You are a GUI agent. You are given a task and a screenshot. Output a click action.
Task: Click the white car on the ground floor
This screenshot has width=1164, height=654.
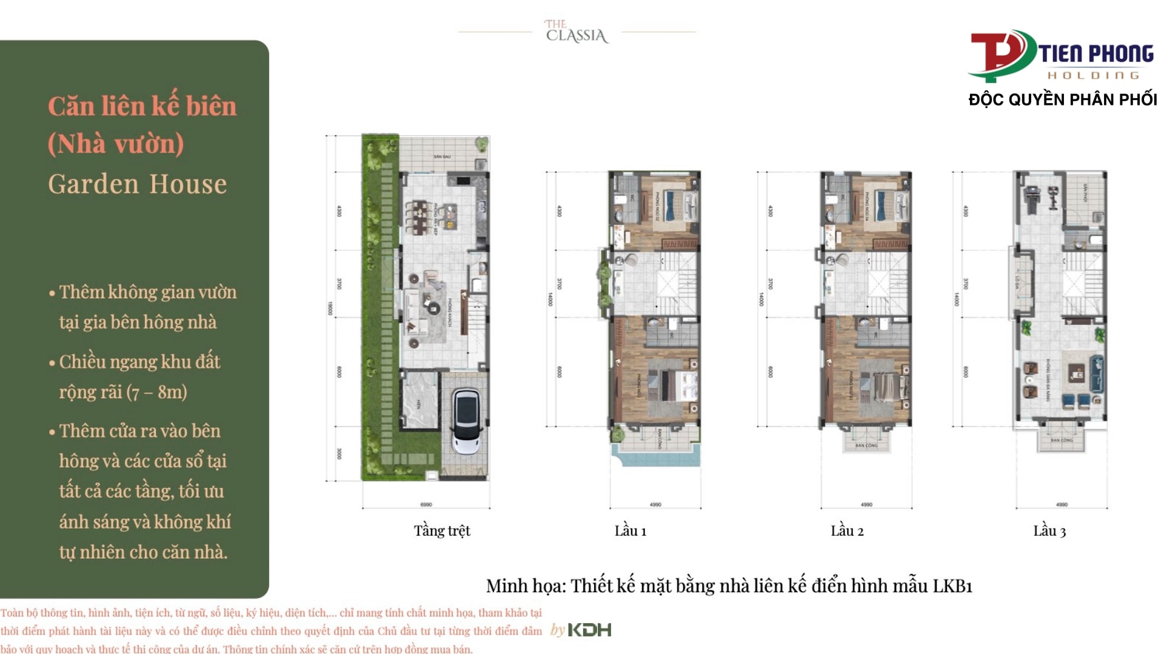[466, 420]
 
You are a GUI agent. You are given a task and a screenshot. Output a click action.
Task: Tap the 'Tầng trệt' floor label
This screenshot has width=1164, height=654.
[442, 531]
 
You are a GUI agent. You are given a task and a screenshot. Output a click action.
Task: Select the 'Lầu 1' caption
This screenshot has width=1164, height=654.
[630, 531]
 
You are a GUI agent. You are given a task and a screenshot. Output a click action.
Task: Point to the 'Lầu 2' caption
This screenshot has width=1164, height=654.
[847, 531]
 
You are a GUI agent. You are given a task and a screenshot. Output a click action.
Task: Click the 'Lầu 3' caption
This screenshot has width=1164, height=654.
[1049, 531]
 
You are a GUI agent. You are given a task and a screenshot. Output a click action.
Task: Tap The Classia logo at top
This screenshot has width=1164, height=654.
[577, 32]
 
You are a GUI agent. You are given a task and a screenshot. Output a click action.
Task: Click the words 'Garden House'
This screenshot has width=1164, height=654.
[138, 184]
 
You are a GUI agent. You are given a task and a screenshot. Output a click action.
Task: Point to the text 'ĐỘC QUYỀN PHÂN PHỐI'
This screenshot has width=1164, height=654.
[1063, 99]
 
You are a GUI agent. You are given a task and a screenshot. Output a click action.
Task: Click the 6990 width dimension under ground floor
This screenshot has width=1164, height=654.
[426, 504]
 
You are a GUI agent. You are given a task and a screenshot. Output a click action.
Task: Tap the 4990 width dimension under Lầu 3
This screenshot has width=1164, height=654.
[1062, 504]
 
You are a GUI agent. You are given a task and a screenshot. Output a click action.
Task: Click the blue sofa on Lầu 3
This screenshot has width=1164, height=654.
[1096, 373]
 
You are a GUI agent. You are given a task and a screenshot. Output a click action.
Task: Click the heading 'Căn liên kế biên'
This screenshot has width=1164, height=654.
[142, 107]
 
